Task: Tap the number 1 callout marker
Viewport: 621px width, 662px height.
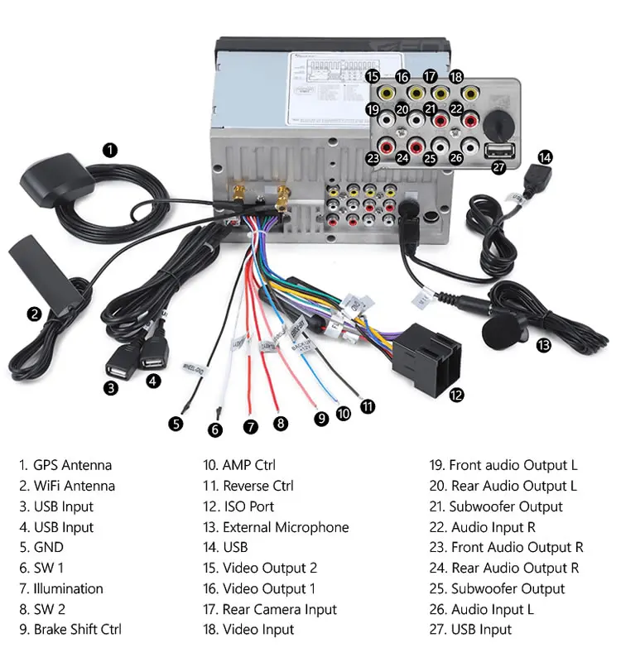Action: click(110, 150)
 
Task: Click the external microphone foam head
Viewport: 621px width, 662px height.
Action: click(499, 333)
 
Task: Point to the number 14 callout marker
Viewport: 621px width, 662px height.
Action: click(544, 156)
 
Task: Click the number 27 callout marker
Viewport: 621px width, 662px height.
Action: click(498, 167)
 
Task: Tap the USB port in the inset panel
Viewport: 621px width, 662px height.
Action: click(499, 150)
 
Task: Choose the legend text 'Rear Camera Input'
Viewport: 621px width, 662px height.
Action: click(279, 609)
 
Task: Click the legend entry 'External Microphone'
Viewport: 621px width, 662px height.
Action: click(286, 527)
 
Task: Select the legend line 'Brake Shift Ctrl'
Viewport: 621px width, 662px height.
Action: click(77, 629)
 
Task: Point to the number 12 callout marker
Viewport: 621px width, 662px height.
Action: click(456, 395)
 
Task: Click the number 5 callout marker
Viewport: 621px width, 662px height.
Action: click(176, 424)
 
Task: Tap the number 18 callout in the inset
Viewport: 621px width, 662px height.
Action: click(456, 77)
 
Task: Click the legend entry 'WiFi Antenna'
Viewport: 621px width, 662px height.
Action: click(74, 486)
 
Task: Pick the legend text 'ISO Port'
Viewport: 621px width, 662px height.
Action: click(248, 506)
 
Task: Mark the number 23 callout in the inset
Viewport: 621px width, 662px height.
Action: click(373, 157)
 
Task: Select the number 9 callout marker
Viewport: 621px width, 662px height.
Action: click(321, 419)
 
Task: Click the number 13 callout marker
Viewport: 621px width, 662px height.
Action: click(543, 345)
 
